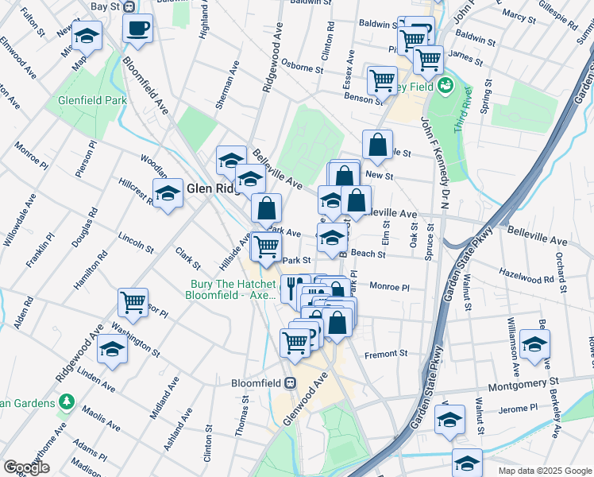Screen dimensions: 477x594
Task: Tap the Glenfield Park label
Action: (x=93, y=101)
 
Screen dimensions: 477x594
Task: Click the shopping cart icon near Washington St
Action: (x=133, y=303)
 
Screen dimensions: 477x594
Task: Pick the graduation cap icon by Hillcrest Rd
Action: (x=168, y=194)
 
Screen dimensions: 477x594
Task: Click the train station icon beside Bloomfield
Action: (x=291, y=382)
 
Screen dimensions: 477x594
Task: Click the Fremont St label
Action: (x=385, y=354)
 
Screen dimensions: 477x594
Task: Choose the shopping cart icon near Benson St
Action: (x=381, y=80)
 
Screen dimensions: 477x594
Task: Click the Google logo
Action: (x=27, y=467)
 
